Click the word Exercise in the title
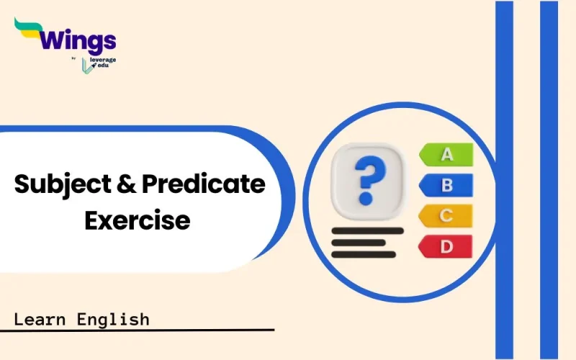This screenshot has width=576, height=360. pos(138,219)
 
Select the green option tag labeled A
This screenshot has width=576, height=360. pos(446,154)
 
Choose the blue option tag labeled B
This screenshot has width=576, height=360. pos(446,185)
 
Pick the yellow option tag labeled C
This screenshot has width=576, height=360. pos(446,215)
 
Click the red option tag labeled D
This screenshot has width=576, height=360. pos(446,247)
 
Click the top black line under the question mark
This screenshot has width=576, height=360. pos(367,231)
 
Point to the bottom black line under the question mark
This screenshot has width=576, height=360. pos(364,254)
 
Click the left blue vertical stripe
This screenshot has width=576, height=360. pos(504,180)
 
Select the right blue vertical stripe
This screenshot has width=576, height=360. pos(549,180)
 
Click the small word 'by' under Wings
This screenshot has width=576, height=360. pos(76,59)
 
